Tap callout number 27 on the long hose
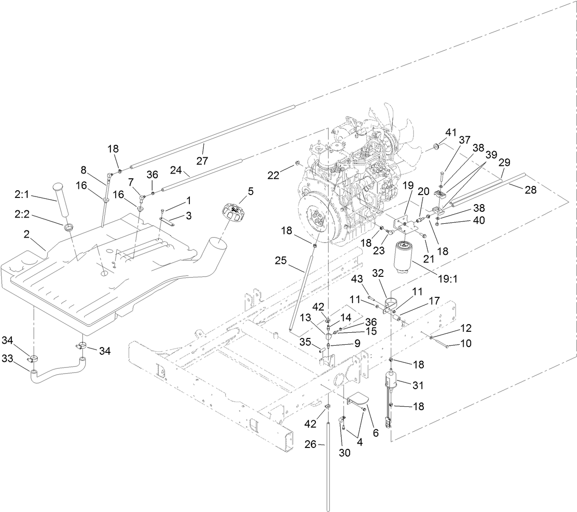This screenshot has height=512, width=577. (202, 161)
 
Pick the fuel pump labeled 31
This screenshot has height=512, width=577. (391, 383)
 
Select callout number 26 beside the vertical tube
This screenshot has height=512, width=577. (311, 445)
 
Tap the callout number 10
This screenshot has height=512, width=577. (466, 343)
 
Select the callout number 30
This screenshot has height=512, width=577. (345, 453)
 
